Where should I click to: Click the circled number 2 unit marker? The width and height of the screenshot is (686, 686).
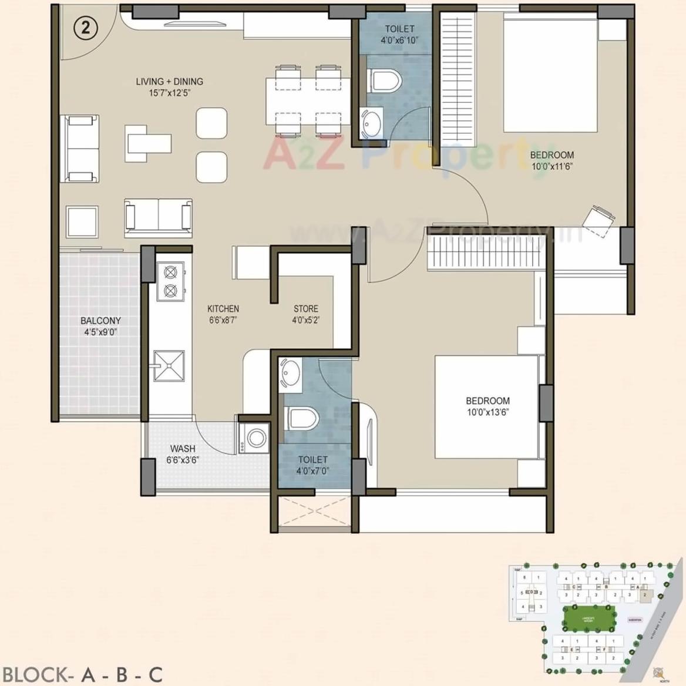point(86,28)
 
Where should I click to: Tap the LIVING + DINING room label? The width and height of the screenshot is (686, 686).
point(169,82)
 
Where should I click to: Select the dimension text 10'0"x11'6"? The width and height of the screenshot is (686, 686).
point(552,166)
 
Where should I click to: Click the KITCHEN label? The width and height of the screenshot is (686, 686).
point(223,308)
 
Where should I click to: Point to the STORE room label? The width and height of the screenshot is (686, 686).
point(306,308)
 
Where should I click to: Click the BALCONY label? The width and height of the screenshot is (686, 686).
point(100,321)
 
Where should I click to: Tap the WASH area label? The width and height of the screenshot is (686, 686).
point(183,449)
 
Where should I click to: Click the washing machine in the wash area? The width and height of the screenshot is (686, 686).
point(255,438)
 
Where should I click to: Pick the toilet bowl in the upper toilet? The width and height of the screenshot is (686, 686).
point(384,79)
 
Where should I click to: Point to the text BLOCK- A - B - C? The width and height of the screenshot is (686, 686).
point(83,674)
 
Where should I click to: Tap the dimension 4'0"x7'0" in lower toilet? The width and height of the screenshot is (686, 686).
point(312,470)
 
